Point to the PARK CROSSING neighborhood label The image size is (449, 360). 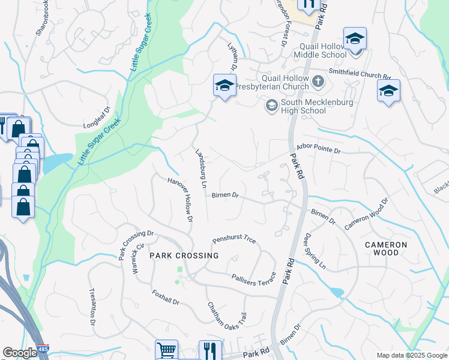(184, 256)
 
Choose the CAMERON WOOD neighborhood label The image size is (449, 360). (386, 248)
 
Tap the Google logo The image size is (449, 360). (20, 353)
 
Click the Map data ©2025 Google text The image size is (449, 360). (411, 355)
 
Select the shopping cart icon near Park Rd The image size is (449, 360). (166, 350)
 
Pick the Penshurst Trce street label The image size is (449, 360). (234, 240)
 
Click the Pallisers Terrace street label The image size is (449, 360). (253, 277)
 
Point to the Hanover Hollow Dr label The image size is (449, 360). (180, 201)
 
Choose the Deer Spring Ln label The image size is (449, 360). (315, 251)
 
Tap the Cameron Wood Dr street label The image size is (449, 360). (366, 214)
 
